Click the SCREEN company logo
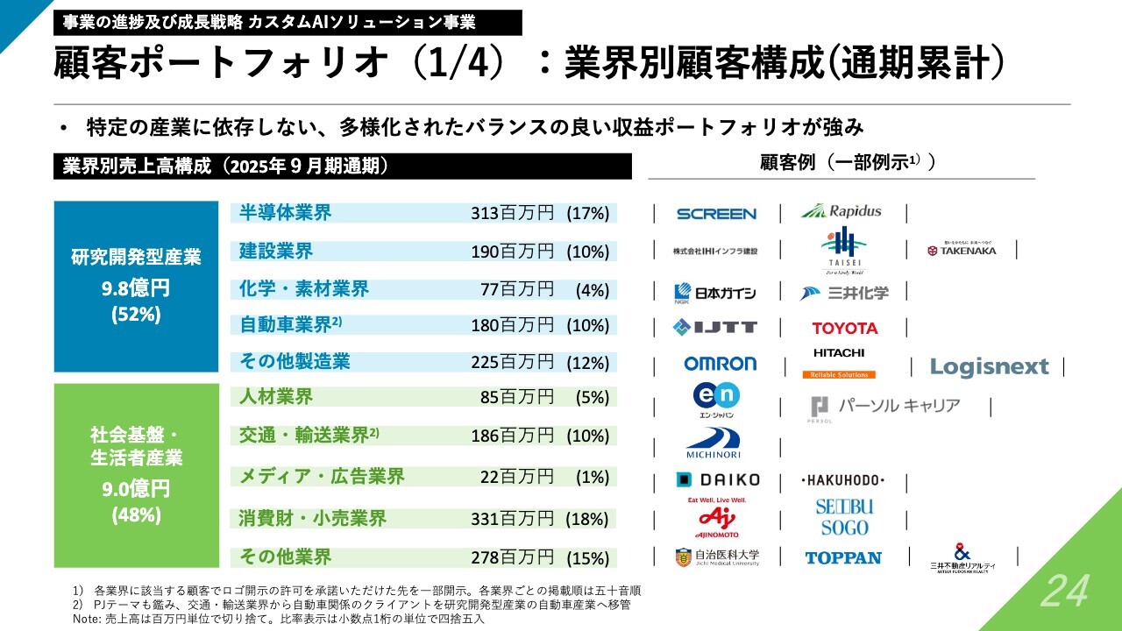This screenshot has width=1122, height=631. (716, 214)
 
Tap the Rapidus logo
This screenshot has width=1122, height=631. (841, 211)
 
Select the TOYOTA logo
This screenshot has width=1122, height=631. (844, 328)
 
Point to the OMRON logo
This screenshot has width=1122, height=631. (720, 364)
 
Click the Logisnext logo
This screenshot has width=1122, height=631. (989, 366)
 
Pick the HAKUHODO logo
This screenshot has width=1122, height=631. (843, 480)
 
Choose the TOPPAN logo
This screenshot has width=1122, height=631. (843, 557)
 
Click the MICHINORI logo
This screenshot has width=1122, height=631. (714, 443)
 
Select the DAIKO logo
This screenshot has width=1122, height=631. (718, 480)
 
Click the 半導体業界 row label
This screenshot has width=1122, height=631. (285, 213)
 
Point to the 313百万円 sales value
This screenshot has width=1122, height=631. (512, 213)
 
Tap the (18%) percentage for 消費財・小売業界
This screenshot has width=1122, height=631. (587, 519)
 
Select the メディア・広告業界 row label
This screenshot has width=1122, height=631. (322, 477)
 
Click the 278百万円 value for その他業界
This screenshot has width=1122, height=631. (512, 557)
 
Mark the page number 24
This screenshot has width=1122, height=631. (1064, 591)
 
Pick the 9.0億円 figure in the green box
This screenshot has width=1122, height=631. (136, 489)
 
